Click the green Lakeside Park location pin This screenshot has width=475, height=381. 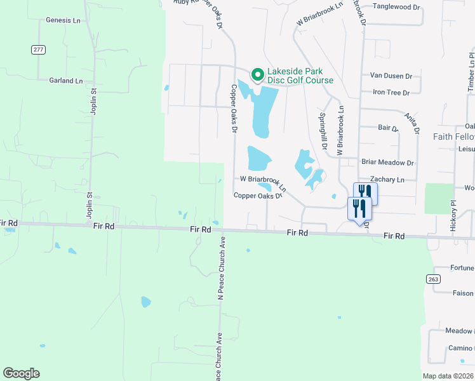tap(257, 75)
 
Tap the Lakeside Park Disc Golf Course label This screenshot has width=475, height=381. tap(300, 76)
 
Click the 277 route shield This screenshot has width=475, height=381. tap(39, 49)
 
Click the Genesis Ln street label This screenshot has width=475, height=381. tap(62, 20)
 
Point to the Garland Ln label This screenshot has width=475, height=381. tap(66, 81)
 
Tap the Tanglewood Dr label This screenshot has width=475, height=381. tap(396, 7)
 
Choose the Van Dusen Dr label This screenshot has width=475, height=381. tap(391, 76)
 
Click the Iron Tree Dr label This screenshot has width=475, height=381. tap(391, 93)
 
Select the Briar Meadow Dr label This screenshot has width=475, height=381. tap(387, 163)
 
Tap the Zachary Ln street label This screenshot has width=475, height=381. tap(387, 180)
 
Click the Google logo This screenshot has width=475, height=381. tap(21, 373)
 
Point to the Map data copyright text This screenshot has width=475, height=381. tap(448, 376)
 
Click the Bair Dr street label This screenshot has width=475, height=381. tap(387, 128)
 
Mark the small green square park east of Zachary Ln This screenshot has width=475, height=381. tap(439, 198)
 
